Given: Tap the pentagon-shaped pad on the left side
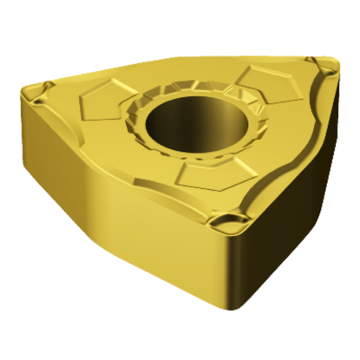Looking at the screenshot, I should tap(103, 108).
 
